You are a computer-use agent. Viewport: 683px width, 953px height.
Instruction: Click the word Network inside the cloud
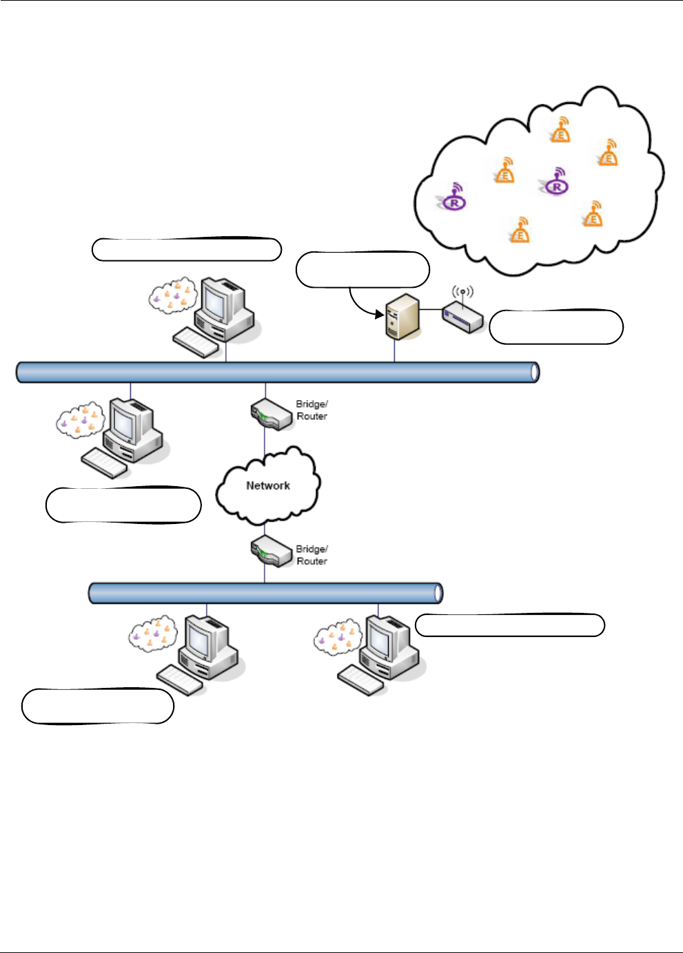tap(268, 485)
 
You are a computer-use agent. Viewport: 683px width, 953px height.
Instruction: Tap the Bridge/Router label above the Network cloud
tap(312, 410)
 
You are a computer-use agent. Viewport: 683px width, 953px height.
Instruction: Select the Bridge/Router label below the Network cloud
tap(312, 555)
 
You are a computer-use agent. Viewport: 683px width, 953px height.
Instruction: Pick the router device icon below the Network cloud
tap(270, 552)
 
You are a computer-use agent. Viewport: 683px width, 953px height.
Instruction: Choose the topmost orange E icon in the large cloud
tap(561, 130)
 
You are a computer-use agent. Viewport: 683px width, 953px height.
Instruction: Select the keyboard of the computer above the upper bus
tap(196, 342)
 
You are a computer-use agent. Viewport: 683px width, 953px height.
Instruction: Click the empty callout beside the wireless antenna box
tap(556, 327)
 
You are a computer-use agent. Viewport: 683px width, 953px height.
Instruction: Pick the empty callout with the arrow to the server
tap(363, 269)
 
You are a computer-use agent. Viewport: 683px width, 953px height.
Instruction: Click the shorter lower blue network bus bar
tap(265, 593)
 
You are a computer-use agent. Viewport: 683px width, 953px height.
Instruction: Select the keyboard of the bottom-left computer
tap(179, 680)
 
